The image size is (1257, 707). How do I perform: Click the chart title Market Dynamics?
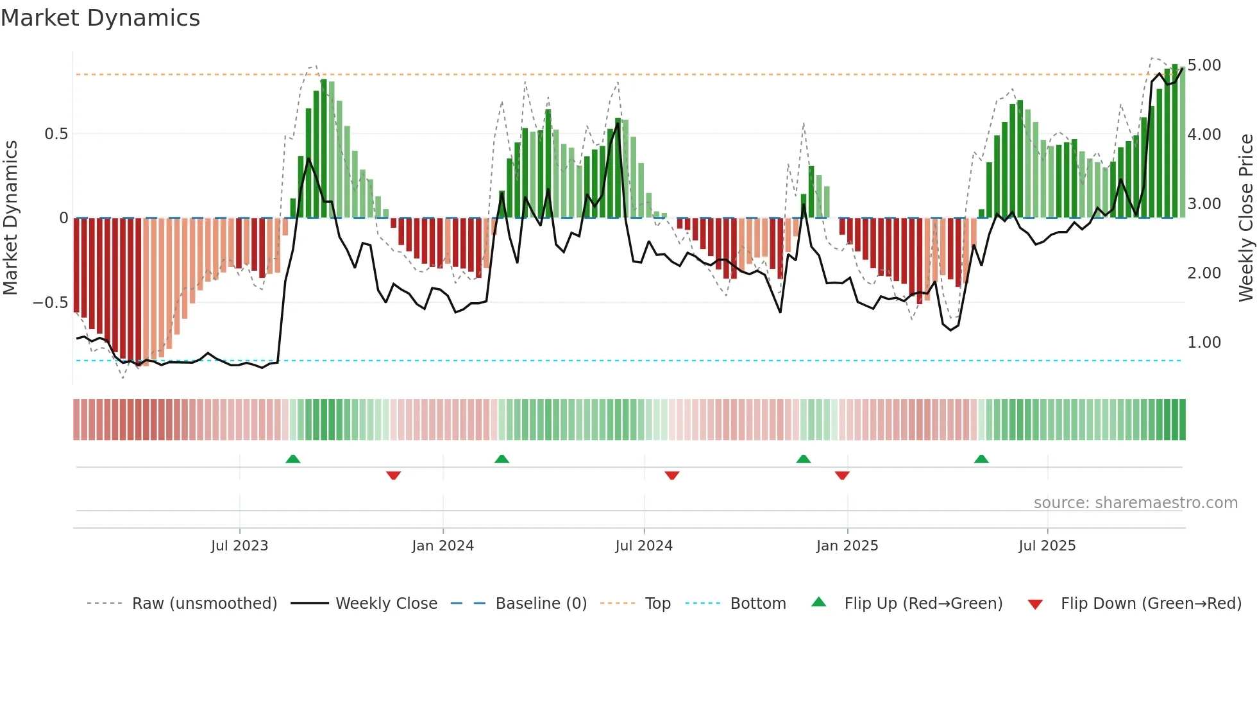coord(101,18)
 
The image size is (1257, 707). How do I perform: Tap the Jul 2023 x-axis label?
coord(239,546)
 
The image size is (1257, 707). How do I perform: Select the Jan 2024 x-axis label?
coord(443,546)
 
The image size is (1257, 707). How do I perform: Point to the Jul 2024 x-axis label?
coord(644,546)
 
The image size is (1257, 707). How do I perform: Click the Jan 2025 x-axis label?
coord(847,546)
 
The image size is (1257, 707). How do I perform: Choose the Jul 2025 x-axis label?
coord(1047,546)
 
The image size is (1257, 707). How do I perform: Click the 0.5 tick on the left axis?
coord(56,134)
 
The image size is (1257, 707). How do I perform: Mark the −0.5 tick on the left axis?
coord(51,303)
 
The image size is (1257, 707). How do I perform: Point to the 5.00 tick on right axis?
coord(1204,65)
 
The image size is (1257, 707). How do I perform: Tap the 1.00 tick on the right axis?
coord(1204,343)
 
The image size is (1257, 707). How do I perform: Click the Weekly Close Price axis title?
coord(1245,218)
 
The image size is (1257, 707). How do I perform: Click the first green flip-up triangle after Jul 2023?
coord(293,459)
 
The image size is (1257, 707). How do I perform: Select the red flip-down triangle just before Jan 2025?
coord(842,475)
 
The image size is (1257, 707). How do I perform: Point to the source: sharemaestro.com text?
coord(1135,503)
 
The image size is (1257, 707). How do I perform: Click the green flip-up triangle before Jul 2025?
coord(981,459)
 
